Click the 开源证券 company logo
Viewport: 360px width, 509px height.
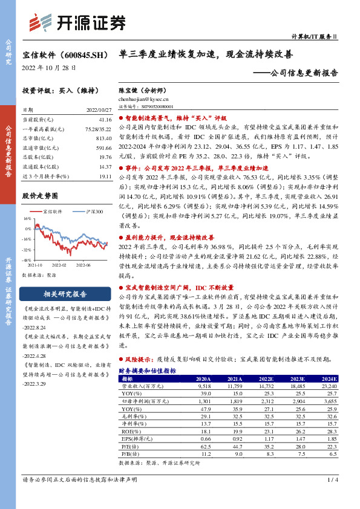(x=77, y=24)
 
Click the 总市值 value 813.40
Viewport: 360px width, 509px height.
(x=104, y=138)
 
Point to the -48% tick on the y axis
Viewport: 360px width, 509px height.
(x=27, y=260)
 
